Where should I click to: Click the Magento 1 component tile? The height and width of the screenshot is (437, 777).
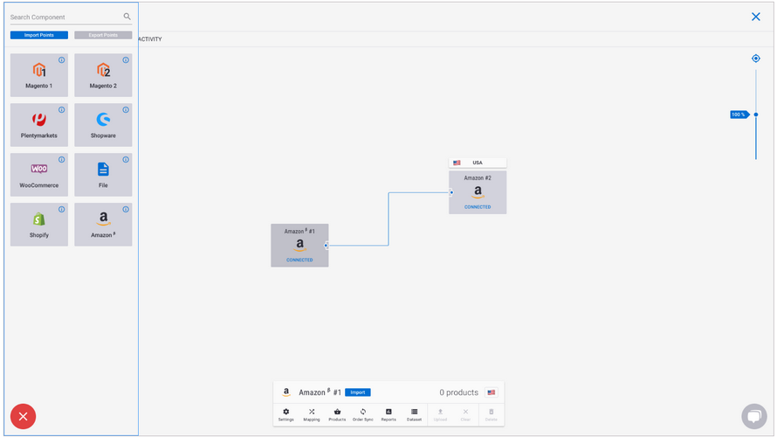[x=39, y=75]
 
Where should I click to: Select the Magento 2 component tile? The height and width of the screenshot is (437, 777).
[x=103, y=75]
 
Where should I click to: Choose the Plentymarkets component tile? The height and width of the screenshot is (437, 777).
[x=39, y=125]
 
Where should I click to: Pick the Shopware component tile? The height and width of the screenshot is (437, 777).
[x=103, y=125]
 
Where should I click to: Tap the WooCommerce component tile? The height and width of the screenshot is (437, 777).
[x=39, y=175]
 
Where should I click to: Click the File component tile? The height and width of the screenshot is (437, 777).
[x=103, y=175]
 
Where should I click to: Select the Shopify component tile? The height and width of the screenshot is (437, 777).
[x=39, y=225]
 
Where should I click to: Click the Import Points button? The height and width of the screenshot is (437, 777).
[x=39, y=35]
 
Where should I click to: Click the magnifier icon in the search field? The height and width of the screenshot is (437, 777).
[x=127, y=17]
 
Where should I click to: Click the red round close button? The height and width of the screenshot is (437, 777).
[x=23, y=417]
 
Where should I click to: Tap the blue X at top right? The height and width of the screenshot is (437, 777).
[x=756, y=17]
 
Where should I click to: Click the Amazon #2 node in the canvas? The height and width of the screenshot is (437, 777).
[x=478, y=192]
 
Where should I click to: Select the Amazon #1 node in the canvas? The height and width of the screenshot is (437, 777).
[x=299, y=246]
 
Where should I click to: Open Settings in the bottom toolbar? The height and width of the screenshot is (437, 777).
[x=286, y=414]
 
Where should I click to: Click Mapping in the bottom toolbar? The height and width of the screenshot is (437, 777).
[x=312, y=414]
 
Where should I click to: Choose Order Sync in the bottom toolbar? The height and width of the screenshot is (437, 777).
[x=363, y=414]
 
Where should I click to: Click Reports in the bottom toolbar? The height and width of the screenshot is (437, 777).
[x=388, y=414]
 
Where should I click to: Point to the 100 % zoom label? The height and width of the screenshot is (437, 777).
[x=739, y=114]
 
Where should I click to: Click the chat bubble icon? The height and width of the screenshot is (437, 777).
[x=753, y=416]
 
